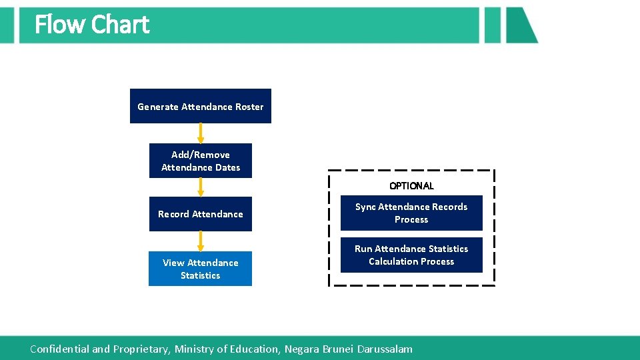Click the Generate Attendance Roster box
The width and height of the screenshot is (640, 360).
coord(200,106)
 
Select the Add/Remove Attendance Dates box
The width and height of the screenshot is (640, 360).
coord(200,161)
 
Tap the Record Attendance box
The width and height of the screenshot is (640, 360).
coord(200,214)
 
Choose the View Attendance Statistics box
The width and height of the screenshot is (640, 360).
coord(200,269)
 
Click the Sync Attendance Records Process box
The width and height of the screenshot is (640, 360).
coord(411,213)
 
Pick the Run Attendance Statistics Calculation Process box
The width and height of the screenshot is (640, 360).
coord(411,255)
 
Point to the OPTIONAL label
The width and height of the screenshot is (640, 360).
coord(411,186)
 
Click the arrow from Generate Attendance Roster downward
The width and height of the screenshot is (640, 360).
coord(201,133)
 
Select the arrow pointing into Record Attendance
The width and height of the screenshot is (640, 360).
coord(201,187)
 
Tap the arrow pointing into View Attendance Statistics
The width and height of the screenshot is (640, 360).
coord(201,241)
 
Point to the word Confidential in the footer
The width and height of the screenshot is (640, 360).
coord(59,349)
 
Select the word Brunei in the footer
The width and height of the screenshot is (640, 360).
coord(338,349)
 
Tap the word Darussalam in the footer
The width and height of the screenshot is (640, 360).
coord(385,349)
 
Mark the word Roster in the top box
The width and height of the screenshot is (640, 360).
coord(248,107)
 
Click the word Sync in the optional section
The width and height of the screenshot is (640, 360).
coord(365,207)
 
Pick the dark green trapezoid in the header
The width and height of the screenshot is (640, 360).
coord(519,25)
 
